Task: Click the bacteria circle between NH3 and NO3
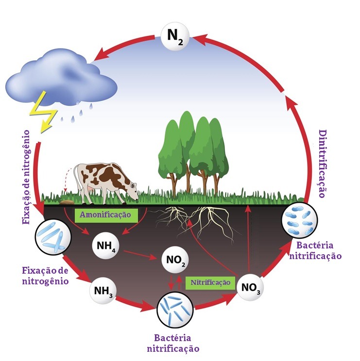pyautogui.click(x=175, y=310)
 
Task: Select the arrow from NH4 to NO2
pyautogui.click(x=141, y=254)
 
